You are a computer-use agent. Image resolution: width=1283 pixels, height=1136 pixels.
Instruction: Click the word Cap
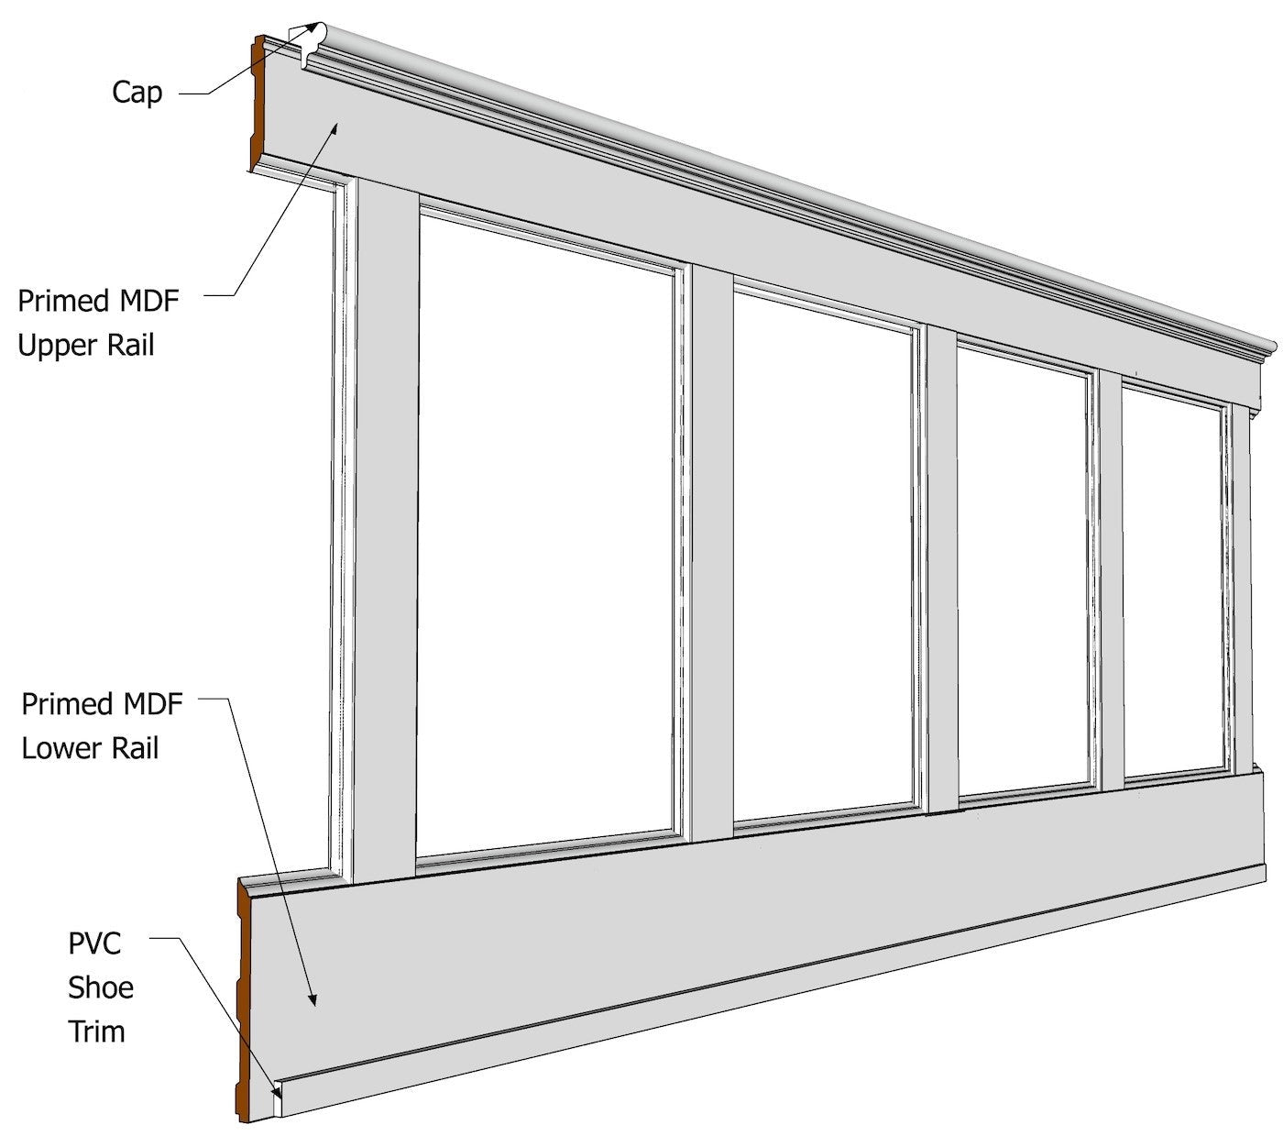pyautogui.click(x=137, y=92)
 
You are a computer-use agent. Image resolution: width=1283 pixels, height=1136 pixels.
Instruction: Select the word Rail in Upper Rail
pyautogui.click(x=131, y=345)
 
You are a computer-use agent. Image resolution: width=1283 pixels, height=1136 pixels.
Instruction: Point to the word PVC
pyautogui.click(x=94, y=943)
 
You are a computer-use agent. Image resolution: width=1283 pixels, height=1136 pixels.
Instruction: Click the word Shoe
pyautogui.click(x=101, y=987)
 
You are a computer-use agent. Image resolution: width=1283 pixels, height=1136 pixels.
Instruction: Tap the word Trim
pyautogui.click(x=96, y=1031)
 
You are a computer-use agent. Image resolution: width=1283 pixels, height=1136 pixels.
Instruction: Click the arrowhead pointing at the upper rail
pyautogui.click(x=336, y=127)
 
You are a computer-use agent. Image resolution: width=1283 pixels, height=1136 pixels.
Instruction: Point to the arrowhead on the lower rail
pyautogui.click(x=313, y=1000)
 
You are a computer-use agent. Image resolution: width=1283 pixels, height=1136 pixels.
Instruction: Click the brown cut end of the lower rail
pyautogui.click(x=245, y=999)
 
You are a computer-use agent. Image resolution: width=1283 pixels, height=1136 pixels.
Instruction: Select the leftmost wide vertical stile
pyautogui.click(x=385, y=532)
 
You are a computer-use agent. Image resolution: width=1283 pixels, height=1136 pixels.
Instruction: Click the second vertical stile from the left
pyautogui.click(x=711, y=550)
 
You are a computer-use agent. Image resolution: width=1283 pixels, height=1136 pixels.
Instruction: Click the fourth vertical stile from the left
pyautogui.click(x=1110, y=578)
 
